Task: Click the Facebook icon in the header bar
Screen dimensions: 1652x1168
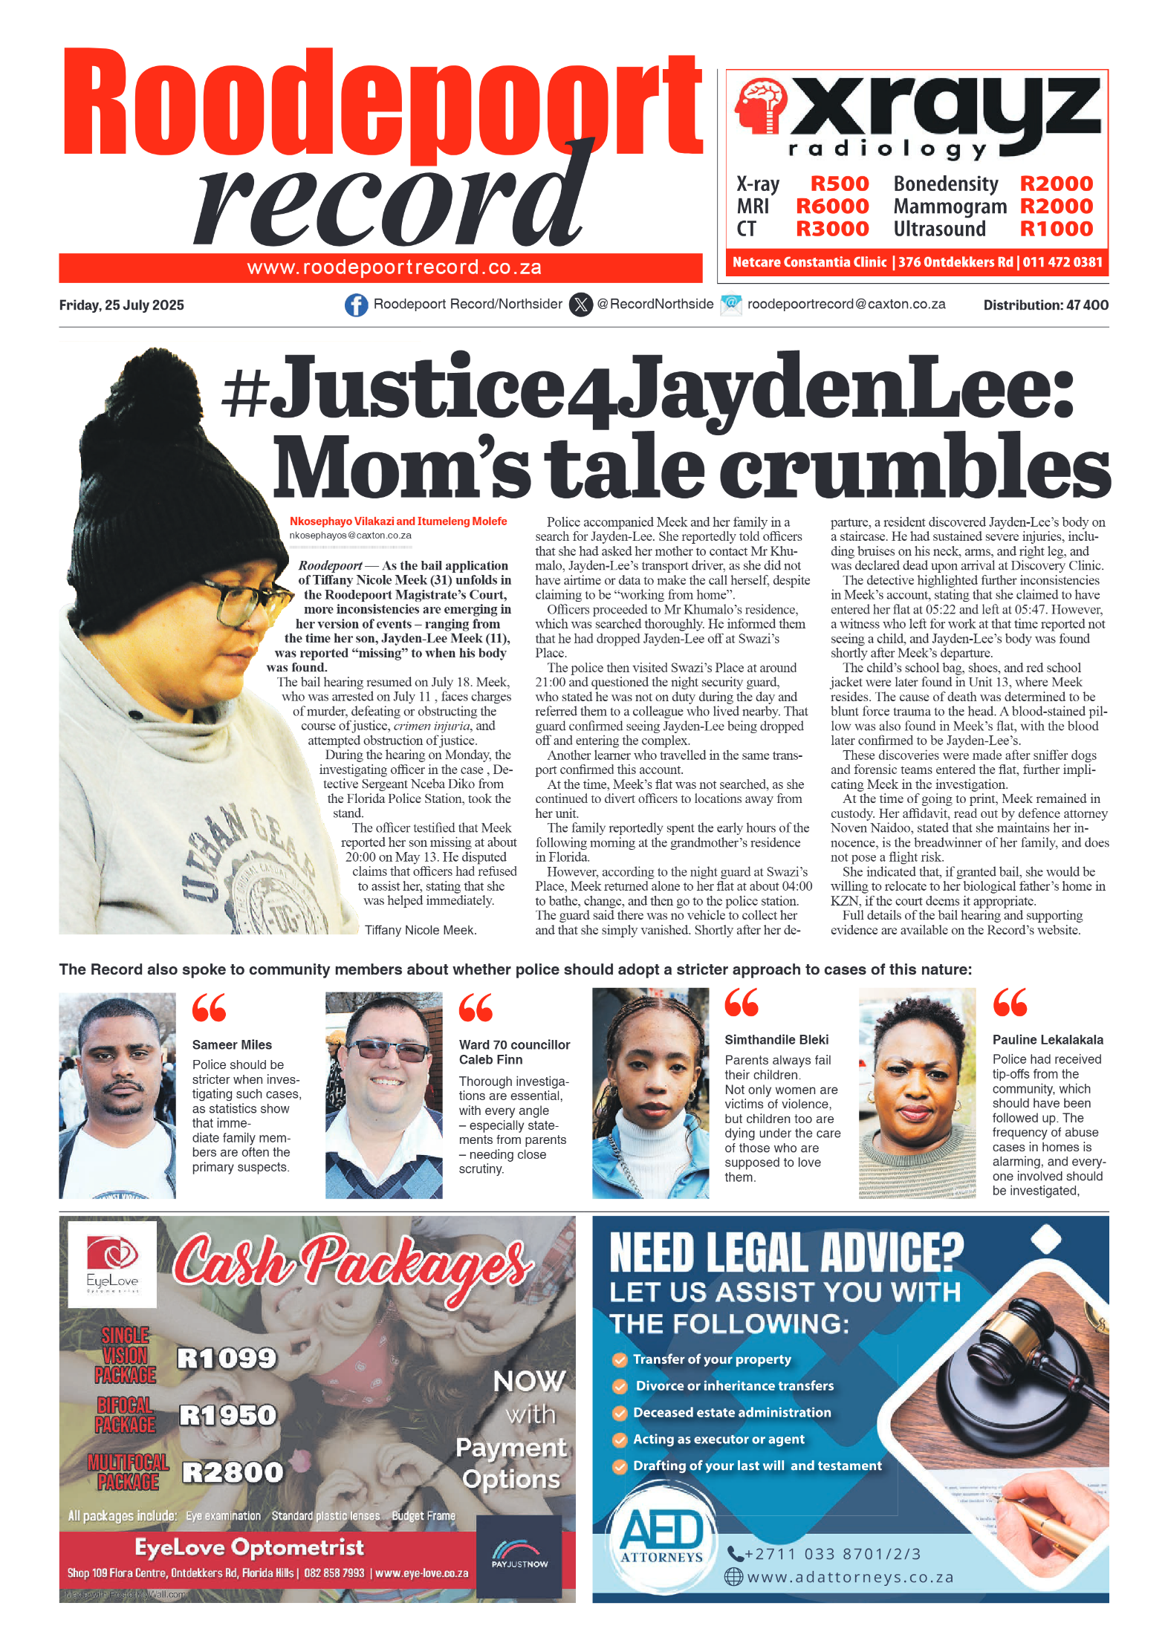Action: tap(356, 305)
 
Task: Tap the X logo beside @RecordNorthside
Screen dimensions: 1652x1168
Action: tap(581, 305)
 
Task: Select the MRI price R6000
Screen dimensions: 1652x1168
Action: tap(831, 206)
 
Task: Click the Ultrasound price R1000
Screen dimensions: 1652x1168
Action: tap(1056, 229)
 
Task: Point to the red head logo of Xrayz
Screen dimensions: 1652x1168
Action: tap(760, 106)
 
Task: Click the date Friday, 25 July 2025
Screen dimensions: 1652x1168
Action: tap(121, 305)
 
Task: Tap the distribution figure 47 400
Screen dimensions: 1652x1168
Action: tap(1087, 305)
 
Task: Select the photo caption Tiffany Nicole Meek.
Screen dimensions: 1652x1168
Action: tap(421, 930)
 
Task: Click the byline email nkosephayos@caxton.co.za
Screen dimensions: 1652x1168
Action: tap(350, 535)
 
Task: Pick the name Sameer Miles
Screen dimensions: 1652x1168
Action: tap(232, 1044)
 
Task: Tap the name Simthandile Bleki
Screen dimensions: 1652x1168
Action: tap(776, 1040)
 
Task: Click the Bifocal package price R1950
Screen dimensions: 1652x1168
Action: tap(227, 1415)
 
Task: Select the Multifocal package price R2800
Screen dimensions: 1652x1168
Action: tap(233, 1471)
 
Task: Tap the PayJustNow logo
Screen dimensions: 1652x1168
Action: tap(519, 1555)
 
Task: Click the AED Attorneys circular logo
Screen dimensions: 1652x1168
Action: tap(662, 1537)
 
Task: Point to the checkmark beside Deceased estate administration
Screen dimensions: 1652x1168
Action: tap(619, 1413)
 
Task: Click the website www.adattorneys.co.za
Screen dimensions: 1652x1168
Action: tap(850, 1577)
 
